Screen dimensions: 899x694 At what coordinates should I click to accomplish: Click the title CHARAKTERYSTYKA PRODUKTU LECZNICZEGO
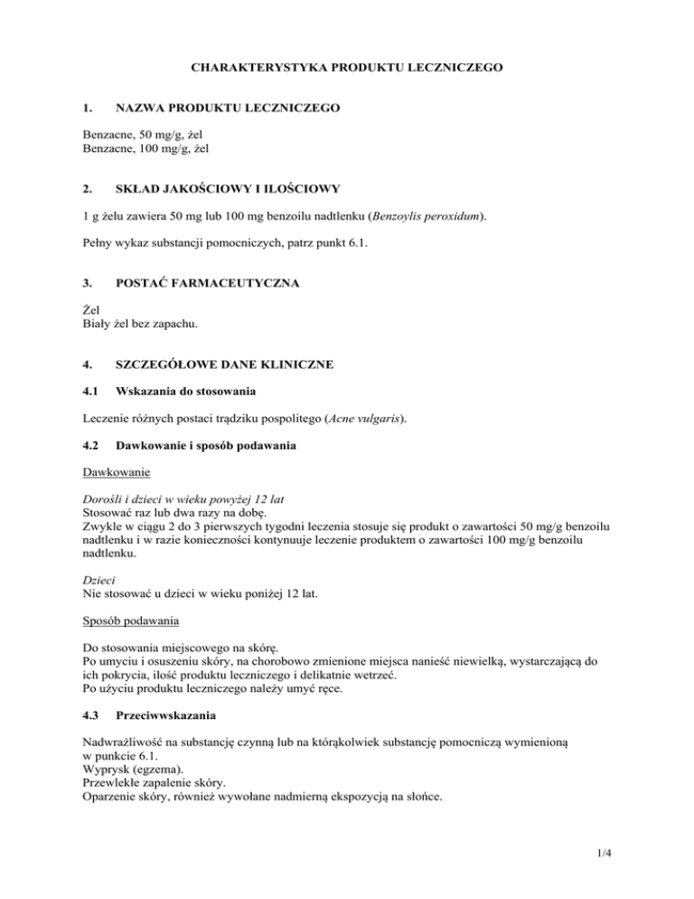346,66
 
